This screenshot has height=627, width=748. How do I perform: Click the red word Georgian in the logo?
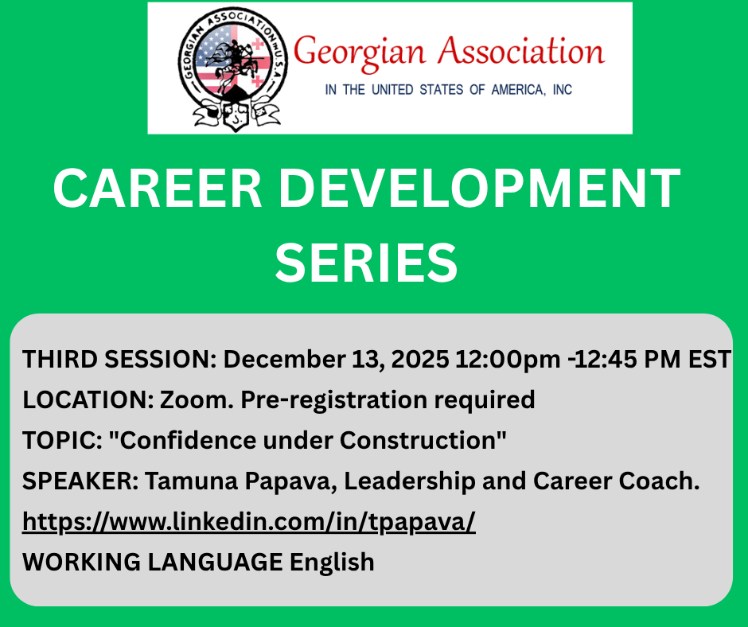(x=359, y=53)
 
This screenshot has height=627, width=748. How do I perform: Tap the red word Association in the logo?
(x=521, y=50)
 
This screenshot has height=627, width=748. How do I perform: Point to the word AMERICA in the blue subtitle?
(x=518, y=90)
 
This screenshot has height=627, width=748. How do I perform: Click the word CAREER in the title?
(x=158, y=189)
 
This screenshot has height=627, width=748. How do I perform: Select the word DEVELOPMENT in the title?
(x=479, y=189)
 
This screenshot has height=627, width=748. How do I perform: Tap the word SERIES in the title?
(x=366, y=263)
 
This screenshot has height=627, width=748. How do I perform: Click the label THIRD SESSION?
(x=119, y=359)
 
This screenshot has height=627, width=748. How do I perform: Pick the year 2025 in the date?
(x=420, y=359)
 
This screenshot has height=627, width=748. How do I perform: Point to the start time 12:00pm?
(x=508, y=360)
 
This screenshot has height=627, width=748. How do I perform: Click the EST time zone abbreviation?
(x=709, y=359)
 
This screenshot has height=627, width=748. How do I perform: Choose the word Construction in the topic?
(x=419, y=440)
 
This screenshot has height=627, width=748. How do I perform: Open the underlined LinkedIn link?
(x=249, y=522)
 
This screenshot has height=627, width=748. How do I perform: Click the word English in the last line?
(x=332, y=563)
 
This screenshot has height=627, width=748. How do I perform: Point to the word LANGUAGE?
(x=215, y=562)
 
